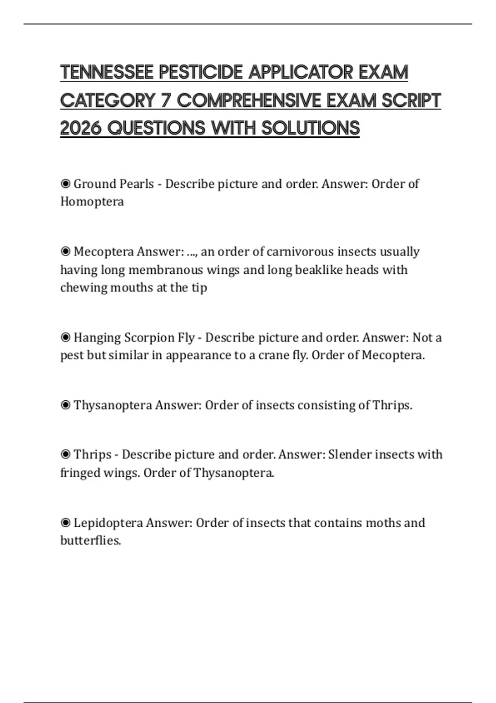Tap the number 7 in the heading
tap(166, 100)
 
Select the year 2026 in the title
tap(81, 128)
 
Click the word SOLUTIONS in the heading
tap(310, 128)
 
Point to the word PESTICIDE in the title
tap(201, 72)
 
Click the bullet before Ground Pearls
tap(65, 184)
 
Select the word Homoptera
tap(92, 202)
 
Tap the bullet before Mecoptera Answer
tap(65, 251)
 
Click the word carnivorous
tap(300, 251)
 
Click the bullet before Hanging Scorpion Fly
tap(65, 337)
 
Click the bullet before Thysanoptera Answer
tap(65, 405)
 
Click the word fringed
tap(80, 473)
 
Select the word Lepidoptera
tap(108, 523)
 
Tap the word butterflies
tap(91, 540)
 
